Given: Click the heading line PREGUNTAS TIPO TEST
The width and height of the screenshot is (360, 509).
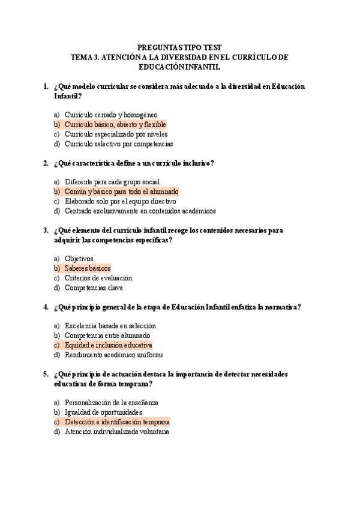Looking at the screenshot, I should tap(179, 47).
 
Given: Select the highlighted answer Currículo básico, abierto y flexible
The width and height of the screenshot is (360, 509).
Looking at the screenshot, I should tap(115, 124).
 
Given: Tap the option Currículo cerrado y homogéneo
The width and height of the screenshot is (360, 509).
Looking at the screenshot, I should tap(111, 115).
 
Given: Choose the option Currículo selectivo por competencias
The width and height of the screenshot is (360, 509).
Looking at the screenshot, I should tap(119, 144).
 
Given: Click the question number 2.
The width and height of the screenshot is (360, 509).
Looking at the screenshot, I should tap(46, 163).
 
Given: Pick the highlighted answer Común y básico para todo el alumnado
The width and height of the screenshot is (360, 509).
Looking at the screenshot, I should tap(121, 191).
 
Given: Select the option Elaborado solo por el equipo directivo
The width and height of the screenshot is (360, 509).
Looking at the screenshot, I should tap(120, 201).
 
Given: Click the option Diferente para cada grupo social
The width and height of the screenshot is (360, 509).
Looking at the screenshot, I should tap(112, 182).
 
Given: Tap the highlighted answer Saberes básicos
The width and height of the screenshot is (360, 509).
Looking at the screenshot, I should tap(88, 268).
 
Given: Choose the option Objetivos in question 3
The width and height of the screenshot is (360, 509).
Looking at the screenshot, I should tap(79, 259).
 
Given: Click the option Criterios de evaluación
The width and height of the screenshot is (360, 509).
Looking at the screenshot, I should tap(98, 278).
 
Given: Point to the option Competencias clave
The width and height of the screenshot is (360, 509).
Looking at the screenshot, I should tap(94, 288).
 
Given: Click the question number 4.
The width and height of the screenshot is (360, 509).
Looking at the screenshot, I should tap(46, 307).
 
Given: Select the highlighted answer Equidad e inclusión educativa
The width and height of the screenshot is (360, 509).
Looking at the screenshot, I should tap(109, 345).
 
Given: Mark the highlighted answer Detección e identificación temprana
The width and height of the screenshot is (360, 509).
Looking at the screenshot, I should tap(117, 422).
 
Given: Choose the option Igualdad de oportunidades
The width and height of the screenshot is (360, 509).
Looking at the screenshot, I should tap(103, 412).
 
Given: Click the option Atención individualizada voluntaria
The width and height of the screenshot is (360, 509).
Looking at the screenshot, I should tap(116, 432).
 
